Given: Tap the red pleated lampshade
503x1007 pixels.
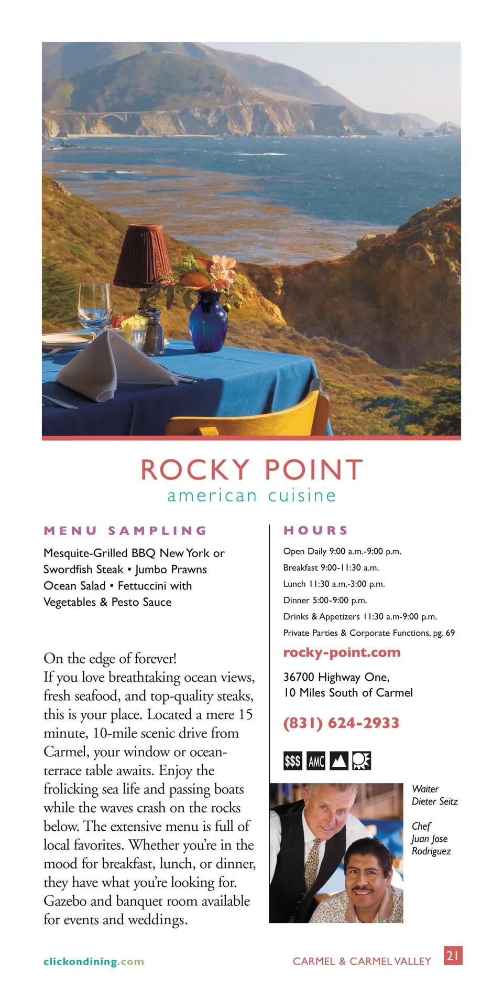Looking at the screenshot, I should pos(143,256).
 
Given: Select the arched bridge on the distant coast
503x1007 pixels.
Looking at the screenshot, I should pos(113,117).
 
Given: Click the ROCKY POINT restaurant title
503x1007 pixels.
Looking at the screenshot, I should pos(251,469).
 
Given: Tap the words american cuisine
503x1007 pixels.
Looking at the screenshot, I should pos(251,496).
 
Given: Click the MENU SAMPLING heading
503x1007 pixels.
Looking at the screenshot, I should pos(126,530).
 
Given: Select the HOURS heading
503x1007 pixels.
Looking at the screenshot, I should pos(316,530).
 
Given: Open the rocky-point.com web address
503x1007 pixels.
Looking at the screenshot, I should pos(342,652).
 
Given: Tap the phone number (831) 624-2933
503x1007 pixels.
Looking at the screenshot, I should pos(341,723).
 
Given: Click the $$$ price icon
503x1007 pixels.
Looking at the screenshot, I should pos(292,760).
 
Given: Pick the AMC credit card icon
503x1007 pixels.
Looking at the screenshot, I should pos(316,760).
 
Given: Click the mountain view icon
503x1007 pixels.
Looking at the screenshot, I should pos(339,760).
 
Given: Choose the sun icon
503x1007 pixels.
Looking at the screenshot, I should pos(362,760).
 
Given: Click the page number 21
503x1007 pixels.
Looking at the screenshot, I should pos(453,955).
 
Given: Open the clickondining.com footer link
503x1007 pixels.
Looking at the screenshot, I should pos(94,961).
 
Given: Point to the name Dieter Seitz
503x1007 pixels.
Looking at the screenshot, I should pos(435,801).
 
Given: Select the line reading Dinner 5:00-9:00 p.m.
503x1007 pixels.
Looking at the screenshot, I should pos(325,600).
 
